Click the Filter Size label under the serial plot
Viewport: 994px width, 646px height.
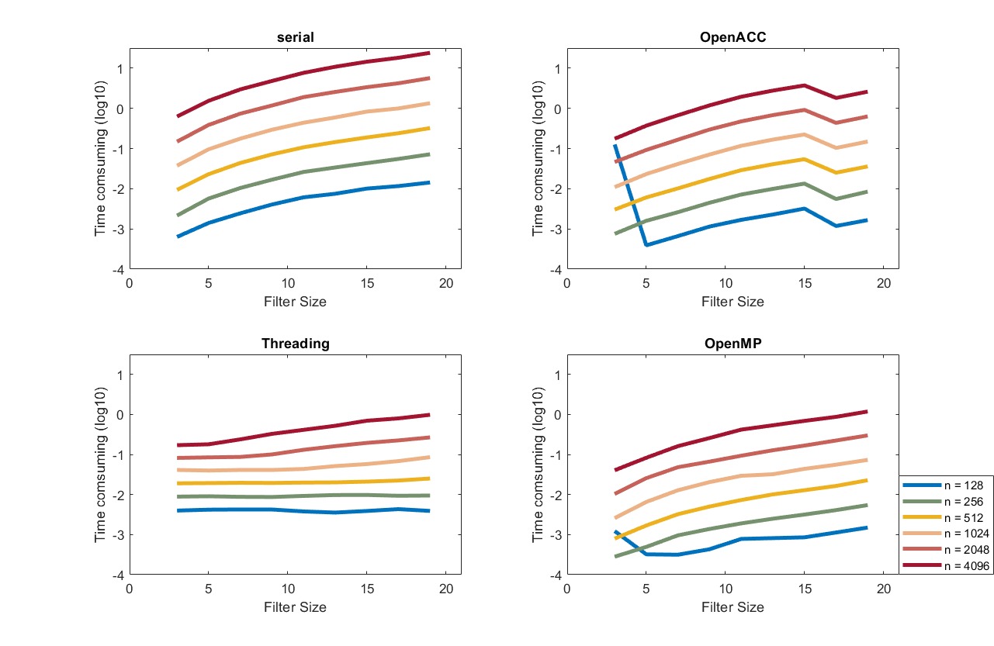point(295,302)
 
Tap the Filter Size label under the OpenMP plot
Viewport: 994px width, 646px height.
point(733,607)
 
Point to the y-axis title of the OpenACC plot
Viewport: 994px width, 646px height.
point(537,159)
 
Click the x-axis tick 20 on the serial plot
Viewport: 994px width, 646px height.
point(445,284)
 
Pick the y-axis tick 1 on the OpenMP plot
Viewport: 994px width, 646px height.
point(556,374)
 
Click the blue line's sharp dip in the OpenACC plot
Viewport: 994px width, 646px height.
point(646,245)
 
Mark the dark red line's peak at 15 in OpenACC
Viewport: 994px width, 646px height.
point(805,85)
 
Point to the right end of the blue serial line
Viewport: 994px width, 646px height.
point(429,182)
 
